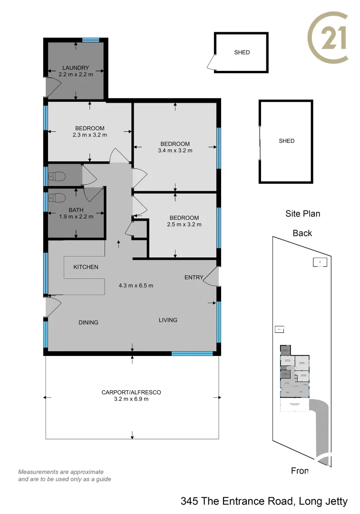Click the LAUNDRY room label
pos(76,68)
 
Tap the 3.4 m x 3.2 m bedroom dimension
pos(175,150)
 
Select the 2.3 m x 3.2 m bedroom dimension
pos(89,135)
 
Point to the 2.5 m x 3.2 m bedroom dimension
pos(184,224)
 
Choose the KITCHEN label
pos(86,267)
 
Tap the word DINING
pos(88,322)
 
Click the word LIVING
pos(168,320)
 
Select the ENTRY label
pos(194,277)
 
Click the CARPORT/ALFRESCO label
pos(131,392)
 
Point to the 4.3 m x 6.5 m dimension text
pos(136,286)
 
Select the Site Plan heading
pos(302,214)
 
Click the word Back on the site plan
pos(302,233)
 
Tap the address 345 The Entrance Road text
pos(264,501)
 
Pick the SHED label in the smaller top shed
pos(242,52)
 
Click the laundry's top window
pos(90,40)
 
